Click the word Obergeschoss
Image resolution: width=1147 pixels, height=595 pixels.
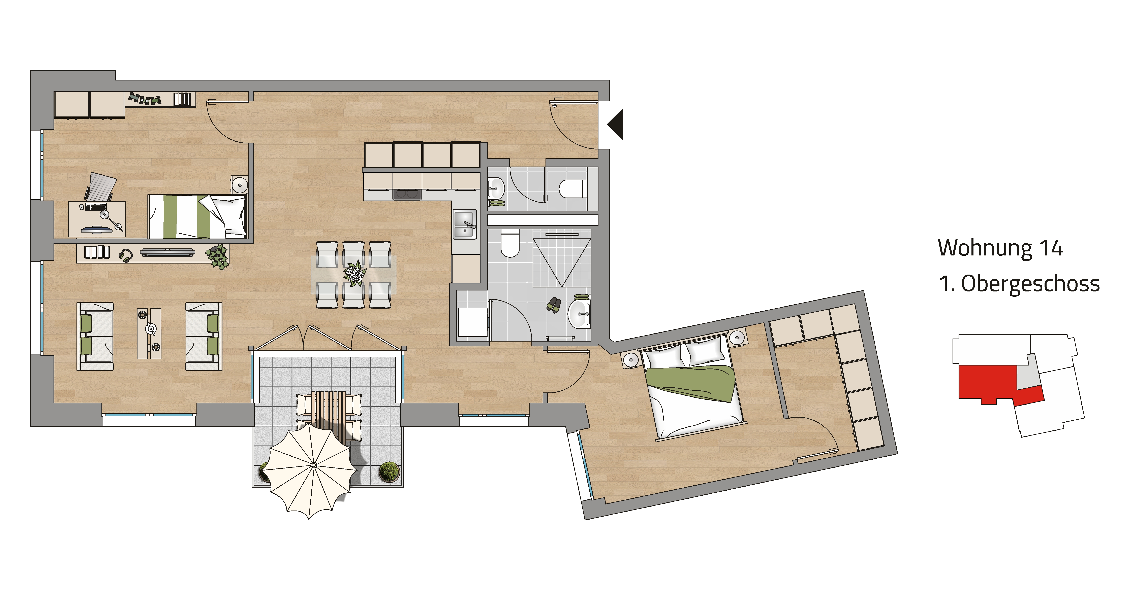1030,283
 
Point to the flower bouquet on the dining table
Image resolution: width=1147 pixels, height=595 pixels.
355,273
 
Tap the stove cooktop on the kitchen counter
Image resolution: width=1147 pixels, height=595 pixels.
407,194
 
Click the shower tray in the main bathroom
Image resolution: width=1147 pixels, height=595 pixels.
562,258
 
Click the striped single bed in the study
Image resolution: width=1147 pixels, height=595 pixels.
197,216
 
